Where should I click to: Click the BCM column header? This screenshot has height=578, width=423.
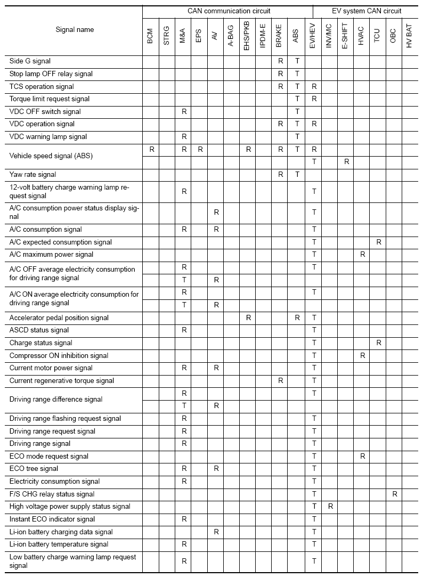150,40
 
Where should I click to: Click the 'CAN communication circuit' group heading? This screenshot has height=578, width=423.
229,11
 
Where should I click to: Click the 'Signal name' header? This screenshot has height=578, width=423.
75,30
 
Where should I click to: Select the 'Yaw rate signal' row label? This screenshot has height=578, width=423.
32,174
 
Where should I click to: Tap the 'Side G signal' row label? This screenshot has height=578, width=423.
30,61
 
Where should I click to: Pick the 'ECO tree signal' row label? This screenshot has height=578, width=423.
34,469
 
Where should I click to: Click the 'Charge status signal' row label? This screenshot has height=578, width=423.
40,343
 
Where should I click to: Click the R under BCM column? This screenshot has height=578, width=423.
152,150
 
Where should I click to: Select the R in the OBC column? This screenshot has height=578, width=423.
395,494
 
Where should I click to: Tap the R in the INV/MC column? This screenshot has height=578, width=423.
330,507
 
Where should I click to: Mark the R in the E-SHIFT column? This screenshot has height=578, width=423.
346,161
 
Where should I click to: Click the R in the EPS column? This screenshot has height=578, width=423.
200,150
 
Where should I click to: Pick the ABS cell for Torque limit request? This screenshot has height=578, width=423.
297,99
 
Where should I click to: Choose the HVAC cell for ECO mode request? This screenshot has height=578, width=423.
362,456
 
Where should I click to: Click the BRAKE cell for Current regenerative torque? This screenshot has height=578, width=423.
280,380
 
